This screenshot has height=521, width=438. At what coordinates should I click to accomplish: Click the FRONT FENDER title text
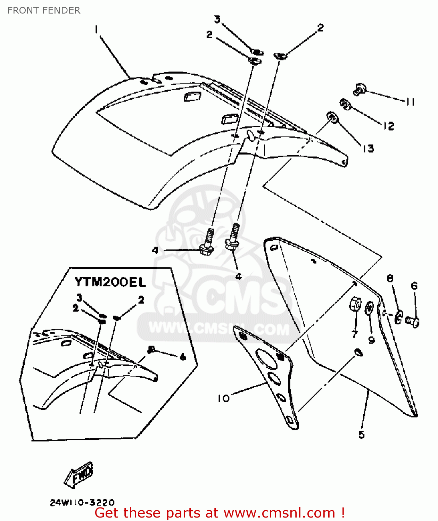click(44, 10)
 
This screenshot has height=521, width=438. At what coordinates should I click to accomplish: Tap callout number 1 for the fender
click(96, 30)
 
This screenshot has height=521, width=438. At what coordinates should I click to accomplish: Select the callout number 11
click(410, 102)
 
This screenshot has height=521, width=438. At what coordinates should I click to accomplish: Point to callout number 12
click(389, 126)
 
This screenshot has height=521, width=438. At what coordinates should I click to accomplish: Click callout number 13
click(368, 149)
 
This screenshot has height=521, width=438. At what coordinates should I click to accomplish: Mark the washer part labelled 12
click(345, 104)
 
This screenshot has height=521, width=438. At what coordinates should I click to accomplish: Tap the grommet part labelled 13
click(332, 117)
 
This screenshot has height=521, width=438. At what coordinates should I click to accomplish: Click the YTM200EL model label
click(110, 282)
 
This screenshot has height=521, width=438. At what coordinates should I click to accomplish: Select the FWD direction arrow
click(80, 473)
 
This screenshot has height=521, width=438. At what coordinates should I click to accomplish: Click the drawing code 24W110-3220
click(82, 502)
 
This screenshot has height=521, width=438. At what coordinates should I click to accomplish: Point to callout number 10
click(224, 398)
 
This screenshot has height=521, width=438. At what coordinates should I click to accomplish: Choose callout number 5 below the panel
click(362, 435)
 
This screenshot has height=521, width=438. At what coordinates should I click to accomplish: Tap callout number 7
click(355, 334)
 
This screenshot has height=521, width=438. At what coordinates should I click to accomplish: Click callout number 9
click(371, 340)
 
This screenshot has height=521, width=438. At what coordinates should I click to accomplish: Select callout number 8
click(390, 278)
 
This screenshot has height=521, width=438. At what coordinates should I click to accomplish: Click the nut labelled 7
click(355, 305)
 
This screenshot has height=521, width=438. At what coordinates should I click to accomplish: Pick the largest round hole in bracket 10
click(266, 358)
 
